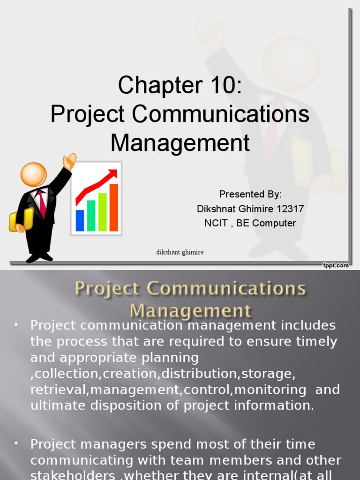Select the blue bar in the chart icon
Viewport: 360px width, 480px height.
coord(80,220)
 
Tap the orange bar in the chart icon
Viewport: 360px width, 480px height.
coord(113,207)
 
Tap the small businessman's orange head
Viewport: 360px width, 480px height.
coord(33,174)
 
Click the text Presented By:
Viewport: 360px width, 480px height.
coord(251,195)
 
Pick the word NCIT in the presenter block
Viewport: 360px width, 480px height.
coord(216,223)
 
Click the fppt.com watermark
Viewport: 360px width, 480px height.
coord(336,265)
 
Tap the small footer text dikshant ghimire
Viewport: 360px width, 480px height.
coord(180,252)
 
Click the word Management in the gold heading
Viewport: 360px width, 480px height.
coord(190,311)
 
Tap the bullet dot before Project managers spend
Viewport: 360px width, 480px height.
coord(16,443)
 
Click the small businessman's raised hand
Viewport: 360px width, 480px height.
coord(69,161)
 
